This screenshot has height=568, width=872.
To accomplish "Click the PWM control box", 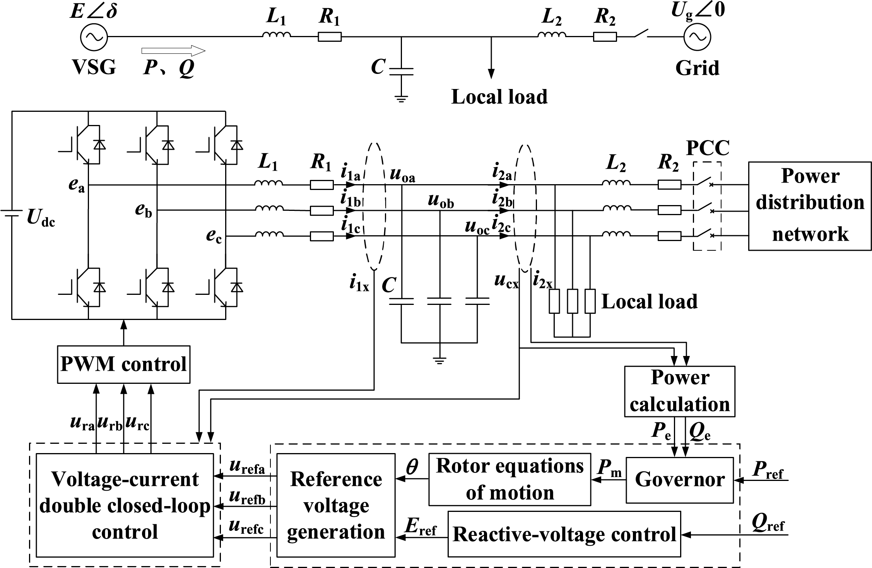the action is point(124,364).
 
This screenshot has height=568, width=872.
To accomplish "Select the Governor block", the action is point(680,480).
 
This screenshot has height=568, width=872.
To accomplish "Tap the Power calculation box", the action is point(680,391).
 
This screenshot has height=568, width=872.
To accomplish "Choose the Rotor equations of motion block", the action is point(510,479).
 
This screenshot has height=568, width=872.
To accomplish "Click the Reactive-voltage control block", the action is point(564,534).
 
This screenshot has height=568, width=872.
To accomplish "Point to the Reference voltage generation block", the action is point(336,505).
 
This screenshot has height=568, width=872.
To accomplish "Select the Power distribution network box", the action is point(810,206).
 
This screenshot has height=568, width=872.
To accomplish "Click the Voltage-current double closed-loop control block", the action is point(125,505).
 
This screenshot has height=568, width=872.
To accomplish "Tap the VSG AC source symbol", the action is point(94,37).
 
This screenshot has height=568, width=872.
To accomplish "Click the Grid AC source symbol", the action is point(698,37).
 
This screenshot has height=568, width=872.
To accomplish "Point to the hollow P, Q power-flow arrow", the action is point(173,51).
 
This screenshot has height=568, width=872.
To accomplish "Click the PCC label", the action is point(708,148).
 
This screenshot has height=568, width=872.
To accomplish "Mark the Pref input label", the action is point(768,471).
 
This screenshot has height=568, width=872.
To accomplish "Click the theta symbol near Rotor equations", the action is point(412,467).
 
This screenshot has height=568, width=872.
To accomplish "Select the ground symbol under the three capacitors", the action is point(439,361).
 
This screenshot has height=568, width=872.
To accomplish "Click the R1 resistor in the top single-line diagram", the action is point(330,37).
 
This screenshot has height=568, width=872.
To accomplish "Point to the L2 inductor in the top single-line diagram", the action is point(551,35).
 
